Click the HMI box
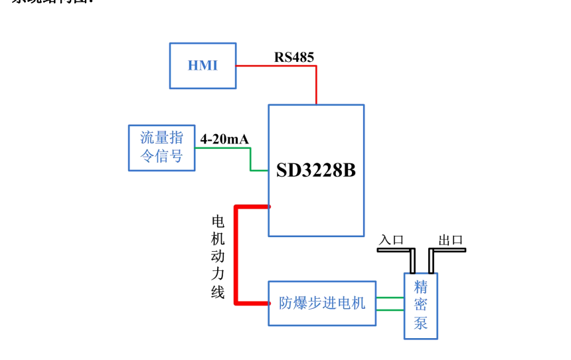point(203,66)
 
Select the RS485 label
point(294,57)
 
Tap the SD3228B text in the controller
point(316,171)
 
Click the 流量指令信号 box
point(161,147)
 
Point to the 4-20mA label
point(224,139)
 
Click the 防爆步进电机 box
point(322,304)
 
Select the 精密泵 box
point(420,306)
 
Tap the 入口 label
point(390,240)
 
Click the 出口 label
point(450,240)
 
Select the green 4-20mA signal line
point(222,148)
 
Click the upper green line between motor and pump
point(390,298)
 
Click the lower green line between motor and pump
point(390,310)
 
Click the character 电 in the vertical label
point(218,222)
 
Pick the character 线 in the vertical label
point(218,292)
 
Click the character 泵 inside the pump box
point(420,323)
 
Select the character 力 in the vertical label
point(218,274)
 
